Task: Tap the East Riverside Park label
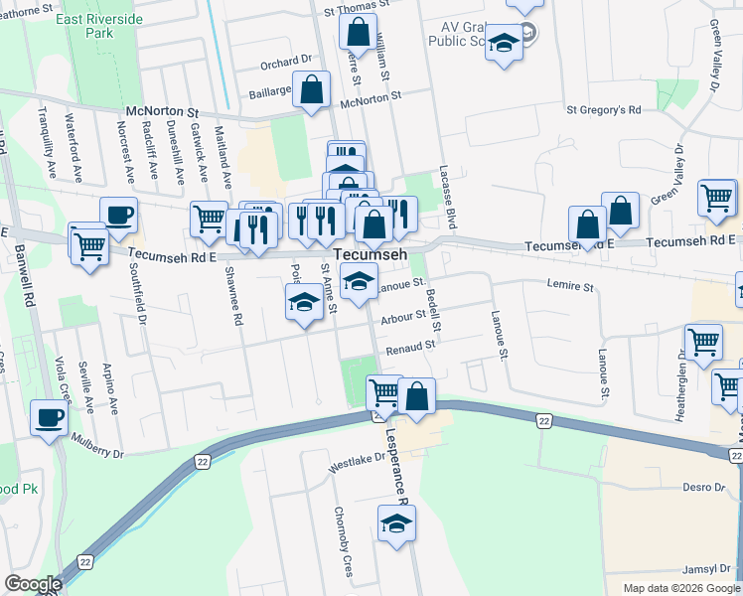coord(98,26)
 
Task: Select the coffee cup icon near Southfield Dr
coord(118,215)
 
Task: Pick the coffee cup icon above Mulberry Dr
coord(49,416)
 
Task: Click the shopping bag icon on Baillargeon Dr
coord(312,89)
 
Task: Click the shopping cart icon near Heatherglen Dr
coord(703,342)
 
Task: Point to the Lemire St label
coord(570,286)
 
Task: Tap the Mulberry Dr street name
coord(97,453)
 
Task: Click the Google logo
coord(33,584)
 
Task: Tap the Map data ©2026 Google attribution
coord(681,588)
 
